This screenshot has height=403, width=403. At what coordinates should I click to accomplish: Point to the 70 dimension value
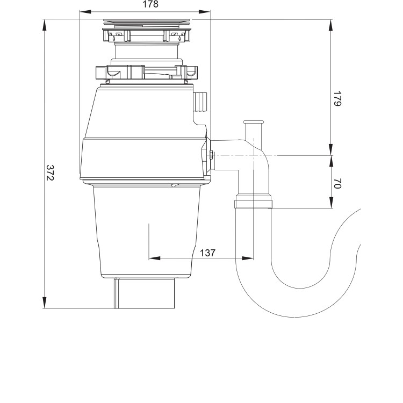(x=337, y=183)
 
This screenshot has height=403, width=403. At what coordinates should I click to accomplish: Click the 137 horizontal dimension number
(x=208, y=253)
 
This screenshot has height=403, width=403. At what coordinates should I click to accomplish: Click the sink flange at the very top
(x=145, y=23)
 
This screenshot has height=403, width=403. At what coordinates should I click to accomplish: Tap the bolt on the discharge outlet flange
(x=211, y=156)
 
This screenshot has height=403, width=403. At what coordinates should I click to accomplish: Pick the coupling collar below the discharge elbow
(x=253, y=203)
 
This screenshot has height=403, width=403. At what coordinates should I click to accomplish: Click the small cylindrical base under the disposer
(x=144, y=293)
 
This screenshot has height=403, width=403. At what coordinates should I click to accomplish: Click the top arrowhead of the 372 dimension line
(x=45, y=23)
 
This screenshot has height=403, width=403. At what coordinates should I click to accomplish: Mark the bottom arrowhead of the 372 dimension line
(x=45, y=305)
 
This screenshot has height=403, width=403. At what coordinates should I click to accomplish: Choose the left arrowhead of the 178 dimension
(x=83, y=11)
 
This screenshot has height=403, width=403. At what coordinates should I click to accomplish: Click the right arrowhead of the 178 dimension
(x=207, y=11)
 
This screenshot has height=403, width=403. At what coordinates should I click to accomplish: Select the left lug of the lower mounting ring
(x=101, y=72)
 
